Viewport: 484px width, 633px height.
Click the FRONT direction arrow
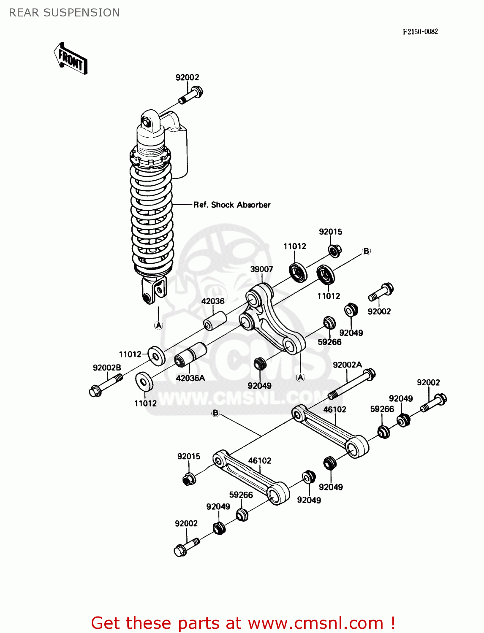(71, 59)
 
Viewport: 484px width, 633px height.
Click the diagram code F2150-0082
(420, 32)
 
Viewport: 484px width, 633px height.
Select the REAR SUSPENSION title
(64, 13)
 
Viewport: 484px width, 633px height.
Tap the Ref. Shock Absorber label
(231, 205)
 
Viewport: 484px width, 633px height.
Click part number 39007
(261, 269)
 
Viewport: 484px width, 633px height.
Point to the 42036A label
(190, 378)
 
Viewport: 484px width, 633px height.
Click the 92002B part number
(107, 368)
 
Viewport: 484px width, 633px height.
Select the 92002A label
(347, 365)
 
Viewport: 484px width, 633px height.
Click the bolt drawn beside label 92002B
(106, 385)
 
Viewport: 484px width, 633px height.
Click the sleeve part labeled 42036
(215, 321)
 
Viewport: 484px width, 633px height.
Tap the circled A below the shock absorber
(158, 325)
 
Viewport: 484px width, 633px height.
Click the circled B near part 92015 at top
(366, 251)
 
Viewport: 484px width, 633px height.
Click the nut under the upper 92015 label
(334, 250)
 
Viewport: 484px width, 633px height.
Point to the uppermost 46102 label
(334, 409)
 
